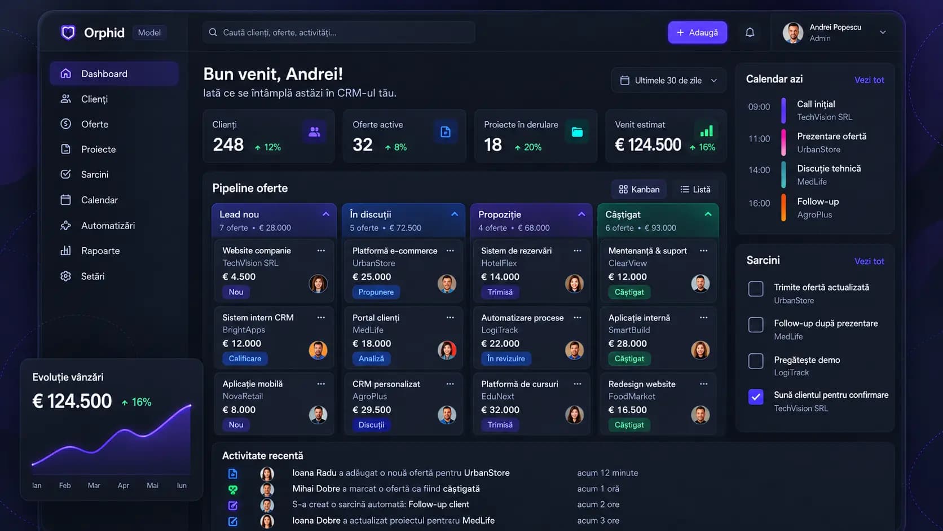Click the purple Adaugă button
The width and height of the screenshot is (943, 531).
697,32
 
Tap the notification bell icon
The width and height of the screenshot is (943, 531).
750,32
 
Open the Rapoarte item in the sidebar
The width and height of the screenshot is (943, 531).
100,251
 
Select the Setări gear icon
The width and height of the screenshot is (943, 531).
65,276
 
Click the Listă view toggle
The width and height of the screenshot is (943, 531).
695,190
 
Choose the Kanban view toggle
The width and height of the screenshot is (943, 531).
639,190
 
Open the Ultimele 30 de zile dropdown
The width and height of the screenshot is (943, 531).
668,81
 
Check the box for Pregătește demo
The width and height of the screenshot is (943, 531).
756,361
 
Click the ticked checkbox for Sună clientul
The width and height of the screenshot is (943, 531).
756,397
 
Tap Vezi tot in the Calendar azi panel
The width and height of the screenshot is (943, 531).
869,80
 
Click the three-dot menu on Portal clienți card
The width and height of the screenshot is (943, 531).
450,318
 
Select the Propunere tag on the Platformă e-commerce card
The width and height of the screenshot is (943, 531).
376,292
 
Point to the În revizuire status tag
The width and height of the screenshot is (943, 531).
506,358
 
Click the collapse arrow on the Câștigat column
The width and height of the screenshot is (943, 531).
708,214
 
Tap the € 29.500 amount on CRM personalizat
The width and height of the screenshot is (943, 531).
372,410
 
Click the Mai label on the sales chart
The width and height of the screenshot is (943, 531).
152,485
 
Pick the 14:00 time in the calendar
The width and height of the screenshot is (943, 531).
759,170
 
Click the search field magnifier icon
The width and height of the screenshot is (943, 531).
213,32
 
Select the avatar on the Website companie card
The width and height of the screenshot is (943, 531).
318,283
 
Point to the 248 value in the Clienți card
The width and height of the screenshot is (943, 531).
228,145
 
